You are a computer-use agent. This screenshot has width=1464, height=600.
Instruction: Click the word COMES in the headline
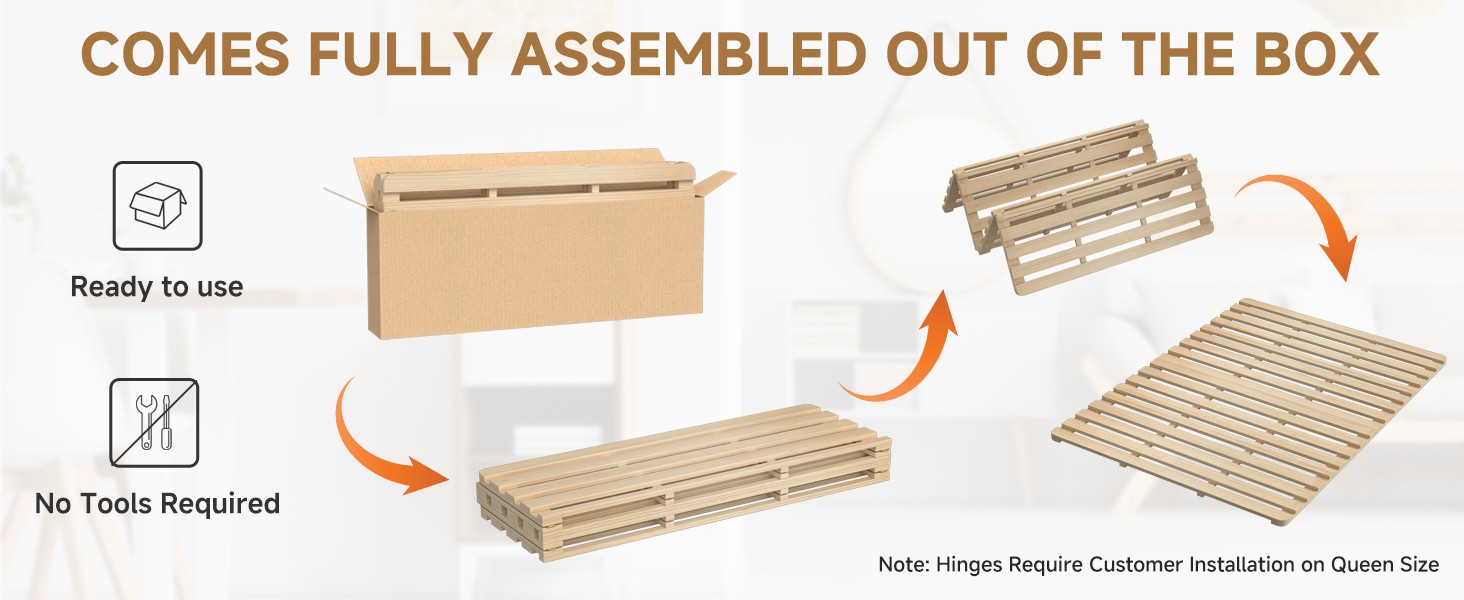tap(185, 54)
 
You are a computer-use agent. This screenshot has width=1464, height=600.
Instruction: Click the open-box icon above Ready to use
tap(158, 206)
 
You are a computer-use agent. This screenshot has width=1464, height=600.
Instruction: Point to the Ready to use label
tap(157, 287)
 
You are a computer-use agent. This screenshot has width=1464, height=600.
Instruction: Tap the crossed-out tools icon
tap(154, 423)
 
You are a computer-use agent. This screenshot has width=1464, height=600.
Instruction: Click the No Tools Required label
tap(158, 504)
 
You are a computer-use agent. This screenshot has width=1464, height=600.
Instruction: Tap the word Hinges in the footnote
tap(969, 565)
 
